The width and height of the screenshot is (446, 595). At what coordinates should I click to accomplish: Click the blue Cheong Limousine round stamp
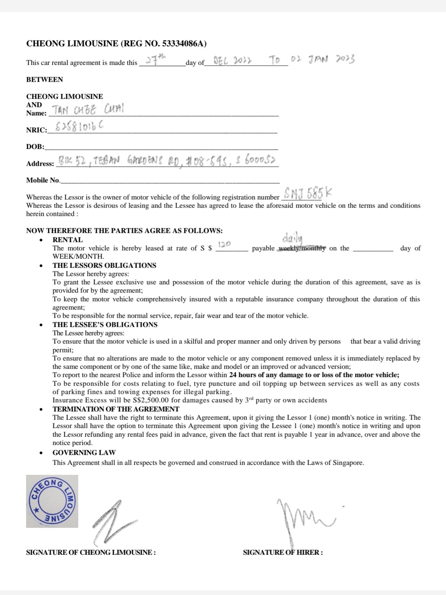pyautogui.click(x=52, y=501)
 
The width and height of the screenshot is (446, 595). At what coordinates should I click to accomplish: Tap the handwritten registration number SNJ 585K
pyautogui.click(x=307, y=193)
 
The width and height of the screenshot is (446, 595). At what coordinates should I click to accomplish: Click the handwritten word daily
pyautogui.click(x=292, y=239)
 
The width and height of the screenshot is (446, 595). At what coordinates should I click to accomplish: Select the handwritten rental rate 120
pyautogui.click(x=224, y=245)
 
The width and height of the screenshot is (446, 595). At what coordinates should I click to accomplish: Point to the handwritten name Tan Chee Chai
pyautogui.click(x=87, y=110)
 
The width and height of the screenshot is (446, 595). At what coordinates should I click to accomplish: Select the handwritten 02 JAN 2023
pyautogui.click(x=322, y=59)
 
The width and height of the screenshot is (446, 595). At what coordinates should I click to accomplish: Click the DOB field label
pyautogui.click(x=35, y=147)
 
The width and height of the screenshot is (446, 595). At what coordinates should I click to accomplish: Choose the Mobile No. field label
pyautogui.click(x=43, y=180)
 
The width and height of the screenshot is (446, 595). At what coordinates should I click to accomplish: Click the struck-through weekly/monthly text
pyautogui.click(x=302, y=248)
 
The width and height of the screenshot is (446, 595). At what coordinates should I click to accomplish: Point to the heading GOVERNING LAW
pyautogui.click(x=84, y=453)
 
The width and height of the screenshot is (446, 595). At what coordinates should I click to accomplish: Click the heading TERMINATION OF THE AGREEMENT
pyautogui.click(x=116, y=409)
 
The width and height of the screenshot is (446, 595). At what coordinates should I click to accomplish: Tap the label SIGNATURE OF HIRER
pyautogui.click(x=283, y=552)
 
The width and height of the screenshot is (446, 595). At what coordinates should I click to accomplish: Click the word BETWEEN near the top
pyautogui.click(x=45, y=79)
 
